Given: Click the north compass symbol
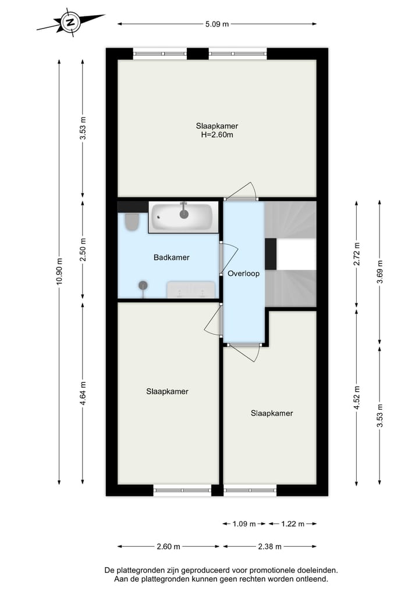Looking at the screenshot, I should (x=70, y=23).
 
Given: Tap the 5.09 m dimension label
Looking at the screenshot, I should (x=218, y=24).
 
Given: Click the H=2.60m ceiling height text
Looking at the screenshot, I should (x=217, y=135).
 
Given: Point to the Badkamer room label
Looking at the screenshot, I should (x=171, y=257).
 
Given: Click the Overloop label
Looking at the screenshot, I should (x=243, y=273).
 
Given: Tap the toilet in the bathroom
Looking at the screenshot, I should (x=131, y=222).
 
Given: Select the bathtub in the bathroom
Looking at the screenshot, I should (x=183, y=217).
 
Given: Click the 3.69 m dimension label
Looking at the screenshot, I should (x=379, y=271).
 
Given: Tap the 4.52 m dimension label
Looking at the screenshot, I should (x=357, y=398).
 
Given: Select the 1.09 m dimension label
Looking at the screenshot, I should (x=244, y=524).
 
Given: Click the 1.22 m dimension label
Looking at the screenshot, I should (x=292, y=524).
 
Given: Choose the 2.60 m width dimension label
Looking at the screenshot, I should (x=168, y=546).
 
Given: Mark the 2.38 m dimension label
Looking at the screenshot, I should (x=269, y=546).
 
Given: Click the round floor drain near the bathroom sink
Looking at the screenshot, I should (x=143, y=285).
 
